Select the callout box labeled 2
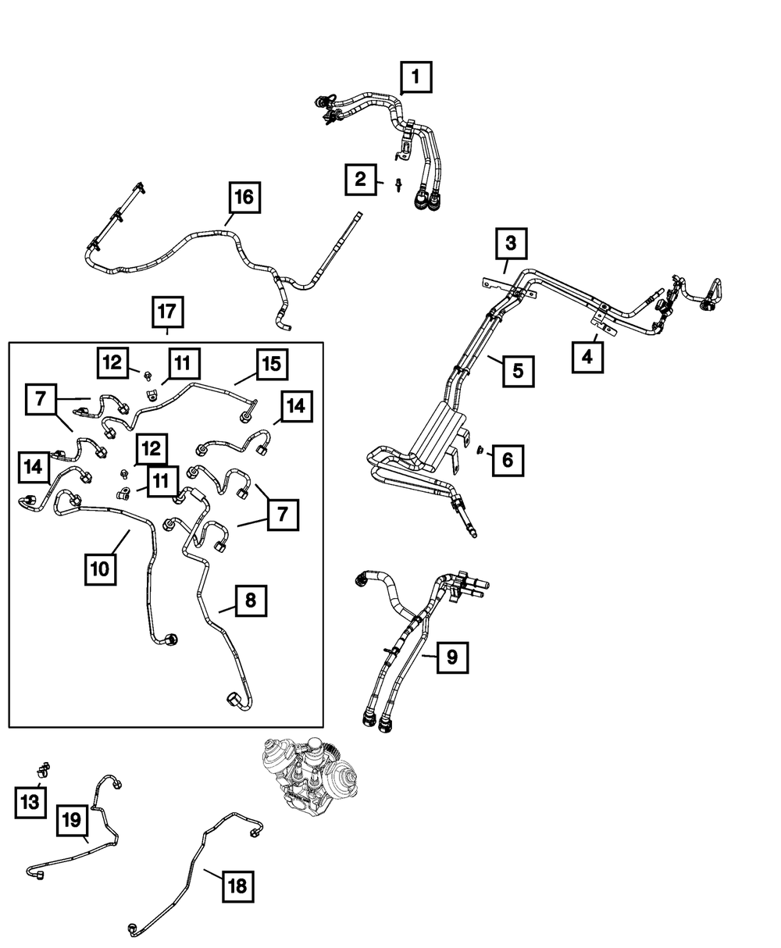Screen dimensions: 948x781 (360, 180)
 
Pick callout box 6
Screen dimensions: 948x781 (508, 461)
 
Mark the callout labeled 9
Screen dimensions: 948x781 (452, 658)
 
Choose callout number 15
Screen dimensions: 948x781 (270, 363)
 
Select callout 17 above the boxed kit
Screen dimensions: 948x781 (168, 314)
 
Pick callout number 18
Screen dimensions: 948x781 (238, 886)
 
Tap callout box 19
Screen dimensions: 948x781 (71, 820)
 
